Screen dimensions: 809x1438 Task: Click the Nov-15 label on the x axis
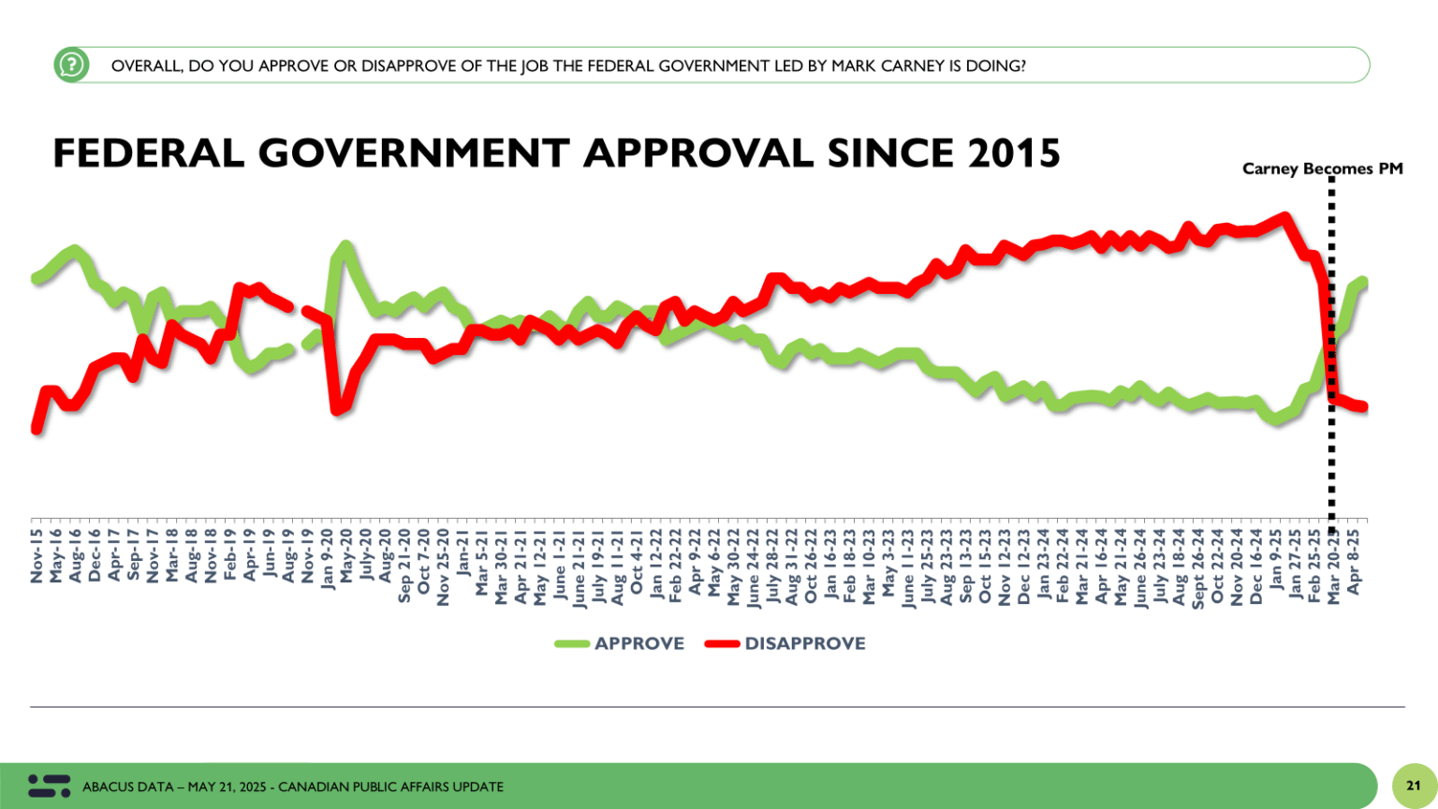coord(37,555)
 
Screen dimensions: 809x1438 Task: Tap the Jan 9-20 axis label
coord(327,559)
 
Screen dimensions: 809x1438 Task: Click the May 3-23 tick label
coord(888,559)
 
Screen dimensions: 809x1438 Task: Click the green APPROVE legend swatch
coord(571,644)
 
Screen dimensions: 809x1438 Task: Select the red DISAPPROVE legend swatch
coord(722,644)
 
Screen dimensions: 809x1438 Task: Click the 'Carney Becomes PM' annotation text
coord(1322,169)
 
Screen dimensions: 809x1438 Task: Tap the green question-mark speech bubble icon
coord(71,66)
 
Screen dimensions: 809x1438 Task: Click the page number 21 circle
coord(1414,786)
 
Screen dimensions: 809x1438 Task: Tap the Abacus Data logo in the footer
coord(49,786)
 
